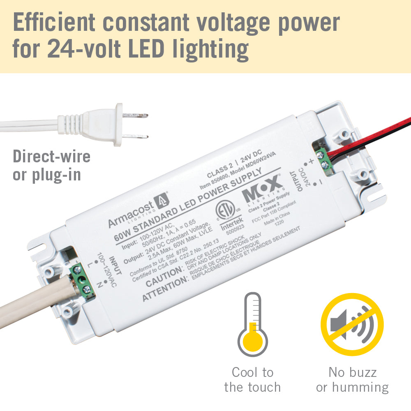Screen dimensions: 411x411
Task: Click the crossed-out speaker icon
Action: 352,324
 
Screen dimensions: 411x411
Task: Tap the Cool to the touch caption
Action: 252,380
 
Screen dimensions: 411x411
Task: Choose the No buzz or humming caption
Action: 352,380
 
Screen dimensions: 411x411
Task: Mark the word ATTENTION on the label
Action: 164,289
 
